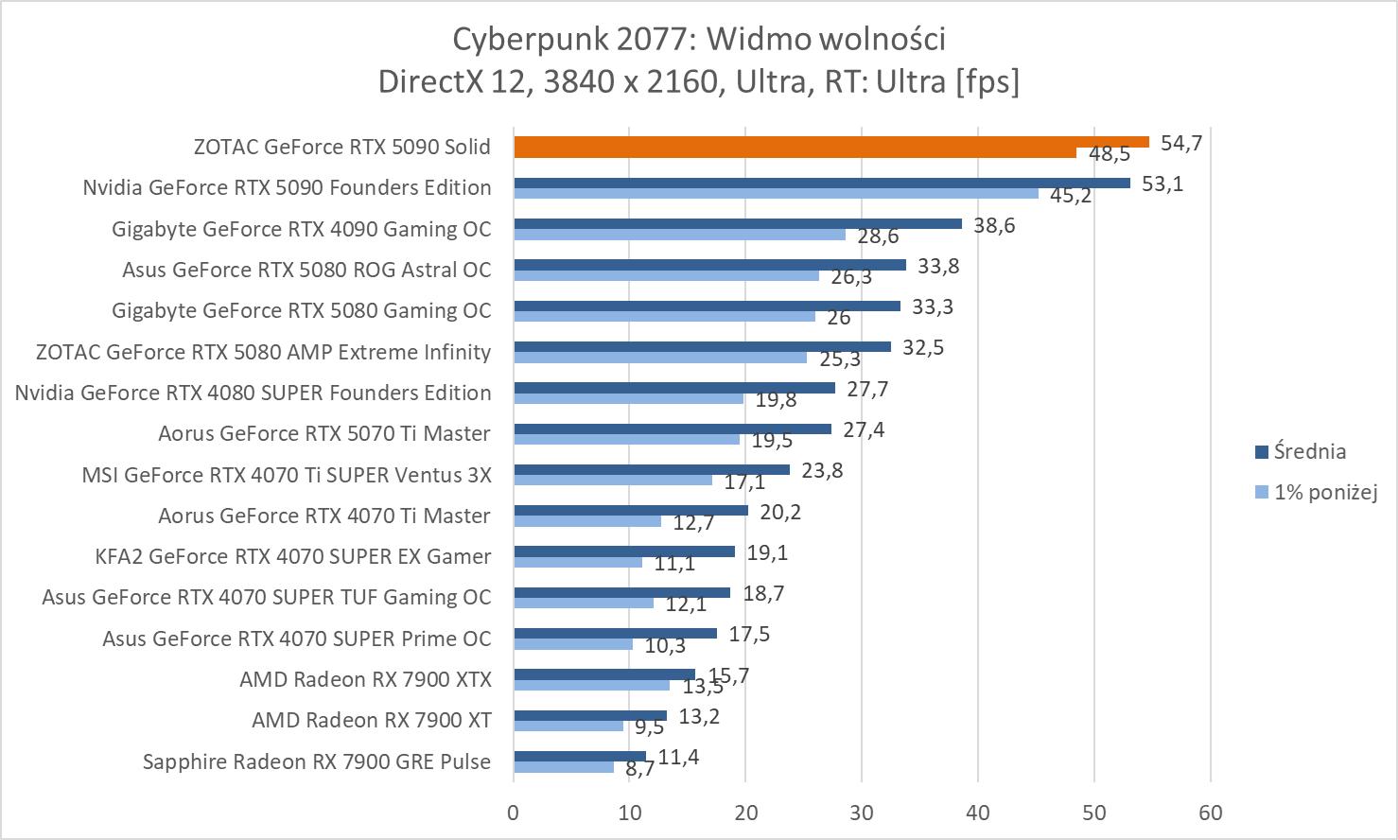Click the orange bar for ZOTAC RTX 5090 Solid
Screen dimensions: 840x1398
830,142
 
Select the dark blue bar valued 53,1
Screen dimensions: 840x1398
821,183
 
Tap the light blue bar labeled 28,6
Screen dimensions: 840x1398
679,235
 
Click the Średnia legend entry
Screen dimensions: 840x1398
1309,451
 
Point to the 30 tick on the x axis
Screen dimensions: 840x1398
862,813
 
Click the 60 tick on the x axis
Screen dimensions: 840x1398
1211,813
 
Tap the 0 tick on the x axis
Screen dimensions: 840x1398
514,813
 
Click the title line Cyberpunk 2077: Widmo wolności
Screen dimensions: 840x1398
699,39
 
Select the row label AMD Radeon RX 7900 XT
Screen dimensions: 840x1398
371,720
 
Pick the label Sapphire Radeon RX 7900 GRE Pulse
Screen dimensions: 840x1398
317,761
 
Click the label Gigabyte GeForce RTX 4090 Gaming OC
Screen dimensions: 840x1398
301,229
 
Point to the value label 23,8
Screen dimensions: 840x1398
822,470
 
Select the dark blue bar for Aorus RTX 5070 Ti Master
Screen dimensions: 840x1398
672,429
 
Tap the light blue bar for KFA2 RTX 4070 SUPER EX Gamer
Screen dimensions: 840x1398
578,562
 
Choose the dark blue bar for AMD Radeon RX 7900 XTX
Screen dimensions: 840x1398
604,674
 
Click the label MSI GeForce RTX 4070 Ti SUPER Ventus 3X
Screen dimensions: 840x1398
287,474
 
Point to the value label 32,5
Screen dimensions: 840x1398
923,347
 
